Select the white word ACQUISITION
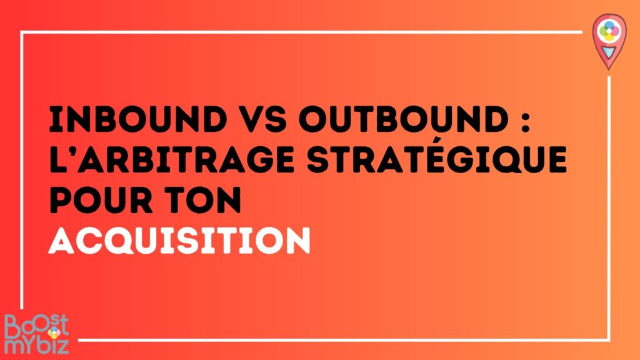[180, 239]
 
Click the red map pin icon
[606, 40]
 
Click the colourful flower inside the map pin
[606, 31]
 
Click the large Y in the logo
[29, 346]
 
